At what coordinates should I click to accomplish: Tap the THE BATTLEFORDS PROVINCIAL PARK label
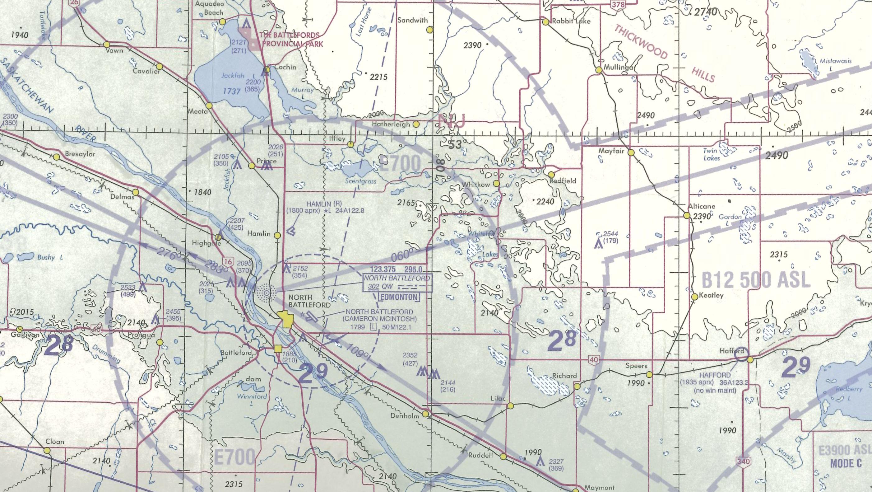click(290, 39)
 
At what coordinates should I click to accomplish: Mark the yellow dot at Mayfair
click(631, 153)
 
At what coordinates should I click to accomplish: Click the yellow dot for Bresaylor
click(57, 157)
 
